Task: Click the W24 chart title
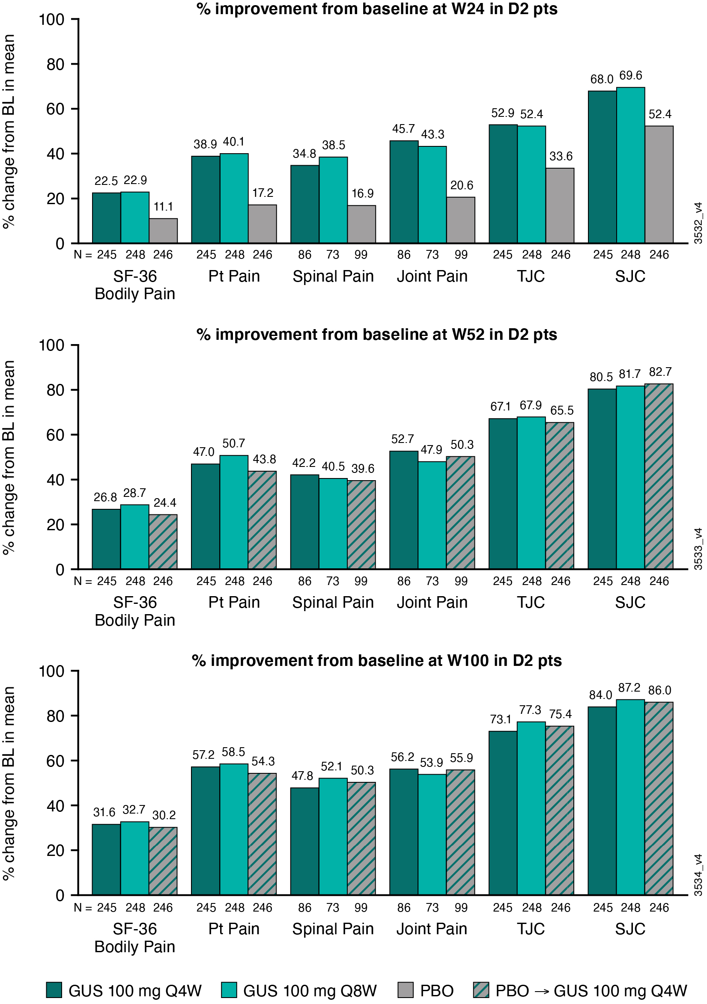click(x=377, y=9)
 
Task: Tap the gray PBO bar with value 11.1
click(x=163, y=230)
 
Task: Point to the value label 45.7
click(x=403, y=129)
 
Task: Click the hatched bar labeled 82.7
click(x=659, y=476)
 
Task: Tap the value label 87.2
click(x=629, y=688)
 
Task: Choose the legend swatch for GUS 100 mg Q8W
click(x=229, y=990)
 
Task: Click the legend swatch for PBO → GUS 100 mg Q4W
click(x=481, y=990)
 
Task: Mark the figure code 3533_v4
click(x=698, y=549)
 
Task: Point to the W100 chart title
click(x=377, y=660)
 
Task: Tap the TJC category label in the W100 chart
click(x=531, y=929)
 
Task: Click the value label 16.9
click(x=362, y=193)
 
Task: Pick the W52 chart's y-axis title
click(x=9, y=457)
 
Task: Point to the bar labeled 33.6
click(x=560, y=205)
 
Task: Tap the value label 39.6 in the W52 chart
click(x=363, y=469)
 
